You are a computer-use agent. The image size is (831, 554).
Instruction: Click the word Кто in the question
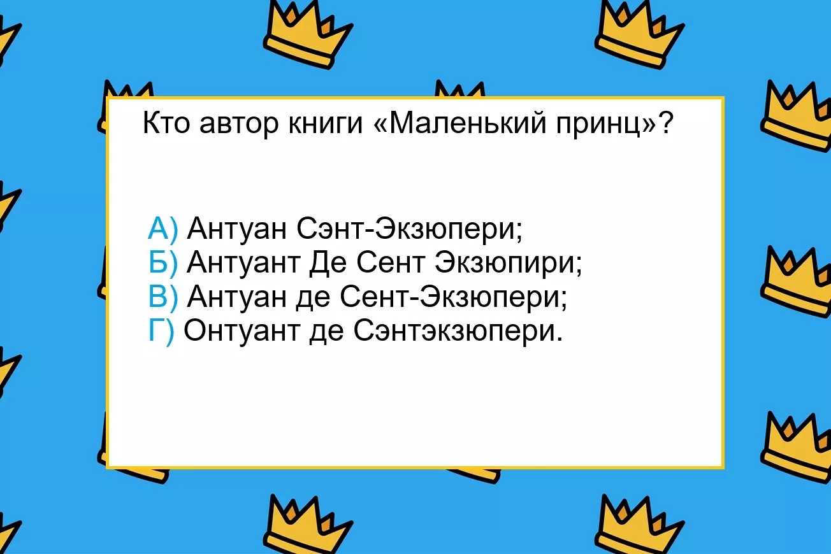(166, 123)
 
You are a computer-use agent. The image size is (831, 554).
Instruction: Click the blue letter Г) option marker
(161, 332)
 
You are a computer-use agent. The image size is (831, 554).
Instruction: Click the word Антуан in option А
(236, 229)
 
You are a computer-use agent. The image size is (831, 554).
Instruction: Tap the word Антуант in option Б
(243, 262)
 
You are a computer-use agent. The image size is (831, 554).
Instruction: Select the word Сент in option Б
(391, 262)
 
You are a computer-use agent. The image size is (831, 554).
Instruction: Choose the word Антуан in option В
(236, 297)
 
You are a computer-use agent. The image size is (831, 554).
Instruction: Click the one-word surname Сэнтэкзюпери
(458, 332)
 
